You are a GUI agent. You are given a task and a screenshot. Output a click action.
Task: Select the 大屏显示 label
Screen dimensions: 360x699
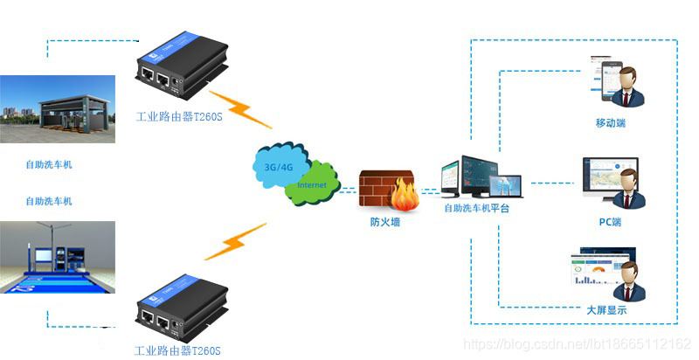[606, 310]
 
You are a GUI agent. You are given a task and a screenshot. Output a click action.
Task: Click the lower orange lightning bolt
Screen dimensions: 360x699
[236, 242]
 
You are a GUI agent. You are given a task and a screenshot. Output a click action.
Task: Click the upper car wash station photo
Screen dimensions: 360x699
[58, 108]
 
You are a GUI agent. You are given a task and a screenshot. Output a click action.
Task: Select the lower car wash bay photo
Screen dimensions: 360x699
[58, 257]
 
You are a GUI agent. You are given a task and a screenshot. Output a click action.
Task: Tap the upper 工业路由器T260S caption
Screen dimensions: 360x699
[178, 115]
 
